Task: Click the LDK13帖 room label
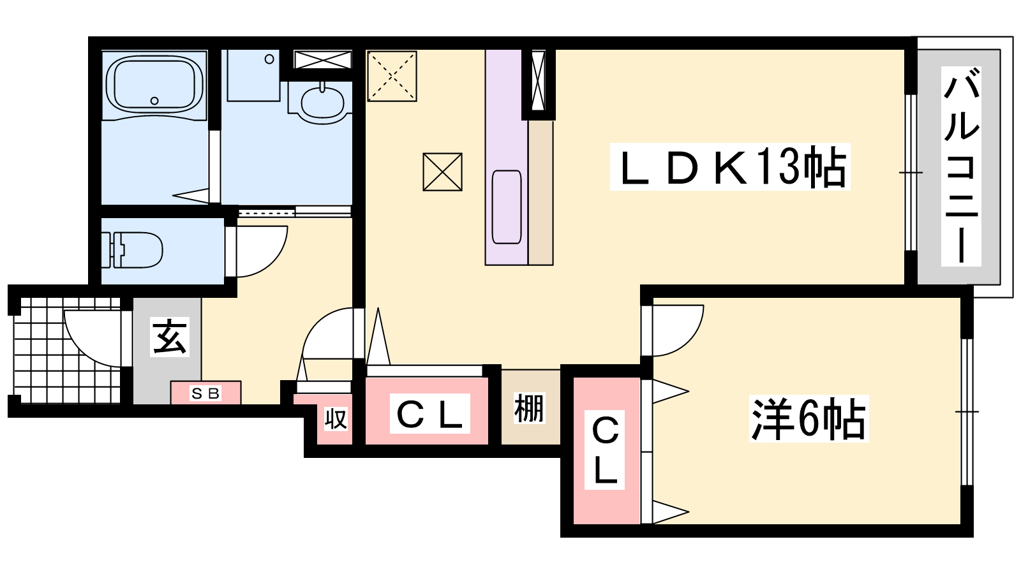coord(730,166)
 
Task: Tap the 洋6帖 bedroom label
coord(809,418)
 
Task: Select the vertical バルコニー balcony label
coord(961,166)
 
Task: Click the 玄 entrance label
coord(170,337)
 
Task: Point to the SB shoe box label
coord(205,393)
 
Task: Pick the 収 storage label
coord(336,419)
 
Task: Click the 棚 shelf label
coord(529,408)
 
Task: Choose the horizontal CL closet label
coord(430,414)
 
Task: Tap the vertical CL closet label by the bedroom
coord(605,450)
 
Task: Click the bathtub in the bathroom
coord(154,85)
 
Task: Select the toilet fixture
coord(132,249)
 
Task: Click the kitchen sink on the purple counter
coord(507,207)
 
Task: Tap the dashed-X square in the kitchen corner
coord(392,76)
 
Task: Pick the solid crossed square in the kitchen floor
coord(443,172)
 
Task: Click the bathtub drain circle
coord(154,101)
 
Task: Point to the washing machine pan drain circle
coord(269,59)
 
